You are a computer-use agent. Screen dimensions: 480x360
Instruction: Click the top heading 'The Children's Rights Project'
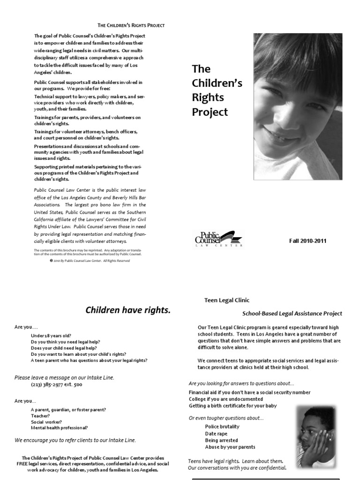[131, 25]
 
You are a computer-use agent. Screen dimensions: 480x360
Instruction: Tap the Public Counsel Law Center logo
[219, 239]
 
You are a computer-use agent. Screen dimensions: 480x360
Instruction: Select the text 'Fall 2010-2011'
[307, 241]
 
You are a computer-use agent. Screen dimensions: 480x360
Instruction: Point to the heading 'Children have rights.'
[127, 310]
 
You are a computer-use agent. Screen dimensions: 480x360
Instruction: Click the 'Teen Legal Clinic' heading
[227, 300]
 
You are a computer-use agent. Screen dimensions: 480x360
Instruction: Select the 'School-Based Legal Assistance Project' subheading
[292, 314]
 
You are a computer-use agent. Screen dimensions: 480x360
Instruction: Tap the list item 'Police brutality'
[222, 427]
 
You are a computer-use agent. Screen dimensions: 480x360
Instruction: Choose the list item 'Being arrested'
[221, 441]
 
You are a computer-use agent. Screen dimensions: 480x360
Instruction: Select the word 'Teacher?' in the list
[40, 416]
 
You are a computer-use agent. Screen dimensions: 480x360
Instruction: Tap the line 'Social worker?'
[46, 422]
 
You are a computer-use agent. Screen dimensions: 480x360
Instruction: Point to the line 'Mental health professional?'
[59, 428]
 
